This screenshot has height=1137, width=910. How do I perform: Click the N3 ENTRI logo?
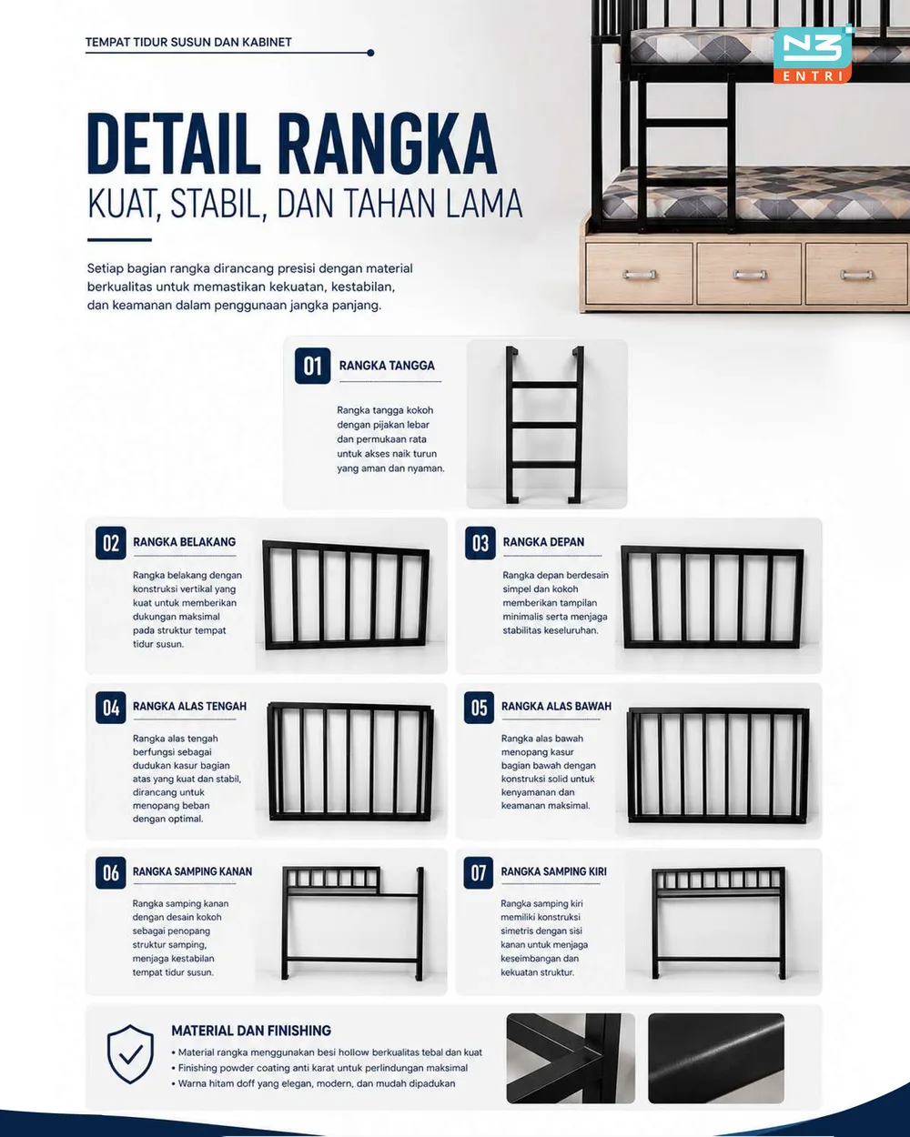click(x=814, y=54)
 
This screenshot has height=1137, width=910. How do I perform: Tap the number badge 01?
click(x=312, y=366)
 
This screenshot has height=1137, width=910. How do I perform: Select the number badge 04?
click(x=110, y=708)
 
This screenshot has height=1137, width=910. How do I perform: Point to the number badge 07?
click(x=479, y=873)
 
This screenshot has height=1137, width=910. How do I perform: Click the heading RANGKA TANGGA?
click(x=387, y=366)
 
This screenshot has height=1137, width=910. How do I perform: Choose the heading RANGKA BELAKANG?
click(x=184, y=541)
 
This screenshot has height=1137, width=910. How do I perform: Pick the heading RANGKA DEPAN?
click(x=543, y=541)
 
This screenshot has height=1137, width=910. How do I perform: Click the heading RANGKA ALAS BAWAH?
click(x=556, y=706)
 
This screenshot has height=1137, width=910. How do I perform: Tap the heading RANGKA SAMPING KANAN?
click(x=192, y=871)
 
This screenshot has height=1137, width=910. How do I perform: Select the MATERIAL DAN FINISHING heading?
click(x=250, y=1031)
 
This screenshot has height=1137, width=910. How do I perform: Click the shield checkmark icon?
click(x=130, y=1053)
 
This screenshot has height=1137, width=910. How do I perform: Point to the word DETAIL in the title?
click(x=174, y=144)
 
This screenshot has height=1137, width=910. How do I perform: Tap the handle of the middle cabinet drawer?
click(x=748, y=274)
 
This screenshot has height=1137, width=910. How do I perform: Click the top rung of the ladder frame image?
click(x=544, y=385)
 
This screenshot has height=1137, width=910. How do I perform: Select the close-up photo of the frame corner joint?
click(x=570, y=1058)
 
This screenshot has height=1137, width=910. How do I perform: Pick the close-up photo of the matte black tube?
click(x=716, y=1058)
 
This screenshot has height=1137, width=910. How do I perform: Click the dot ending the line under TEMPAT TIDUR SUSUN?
click(x=370, y=53)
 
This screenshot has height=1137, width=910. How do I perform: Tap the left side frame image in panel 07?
click(x=718, y=922)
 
